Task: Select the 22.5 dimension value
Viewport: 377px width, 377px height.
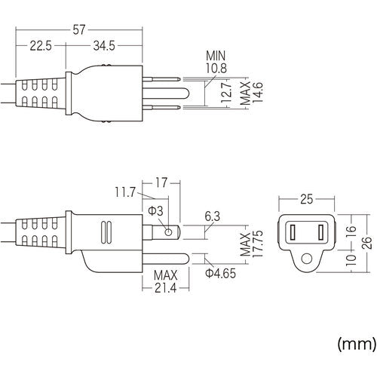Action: [x=39, y=45]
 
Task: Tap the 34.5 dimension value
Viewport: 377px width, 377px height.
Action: [x=106, y=45]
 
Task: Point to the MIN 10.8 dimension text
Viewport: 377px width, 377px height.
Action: [x=216, y=63]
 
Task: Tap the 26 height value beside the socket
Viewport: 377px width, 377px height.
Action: [x=366, y=241]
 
